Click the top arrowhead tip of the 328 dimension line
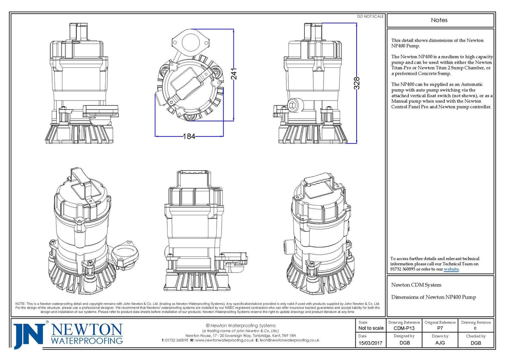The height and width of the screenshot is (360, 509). [x=357, y=23]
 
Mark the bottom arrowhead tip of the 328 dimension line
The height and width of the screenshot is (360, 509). [x=357, y=143]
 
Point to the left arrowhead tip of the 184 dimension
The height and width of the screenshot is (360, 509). [x=155, y=136]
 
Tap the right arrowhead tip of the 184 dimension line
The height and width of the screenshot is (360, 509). [x=223, y=136]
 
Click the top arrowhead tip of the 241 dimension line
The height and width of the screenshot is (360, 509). [x=234, y=29]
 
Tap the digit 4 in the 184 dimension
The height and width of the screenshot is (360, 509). [x=192, y=136]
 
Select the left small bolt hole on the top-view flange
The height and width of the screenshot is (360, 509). [x=175, y=42]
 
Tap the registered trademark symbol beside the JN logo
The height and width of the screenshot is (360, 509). [x=47, y=322]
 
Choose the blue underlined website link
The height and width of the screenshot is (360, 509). [x=451, y=269]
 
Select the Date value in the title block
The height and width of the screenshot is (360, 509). [x=370, y=343]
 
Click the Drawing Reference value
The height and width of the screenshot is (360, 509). [x=404, y=328]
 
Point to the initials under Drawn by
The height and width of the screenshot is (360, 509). [x=440, y=343]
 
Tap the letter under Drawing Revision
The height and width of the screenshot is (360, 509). [x=475, y=328]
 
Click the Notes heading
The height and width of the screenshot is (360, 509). [x=439, y=20]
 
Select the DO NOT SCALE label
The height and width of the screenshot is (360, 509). [x=370, y=16]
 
